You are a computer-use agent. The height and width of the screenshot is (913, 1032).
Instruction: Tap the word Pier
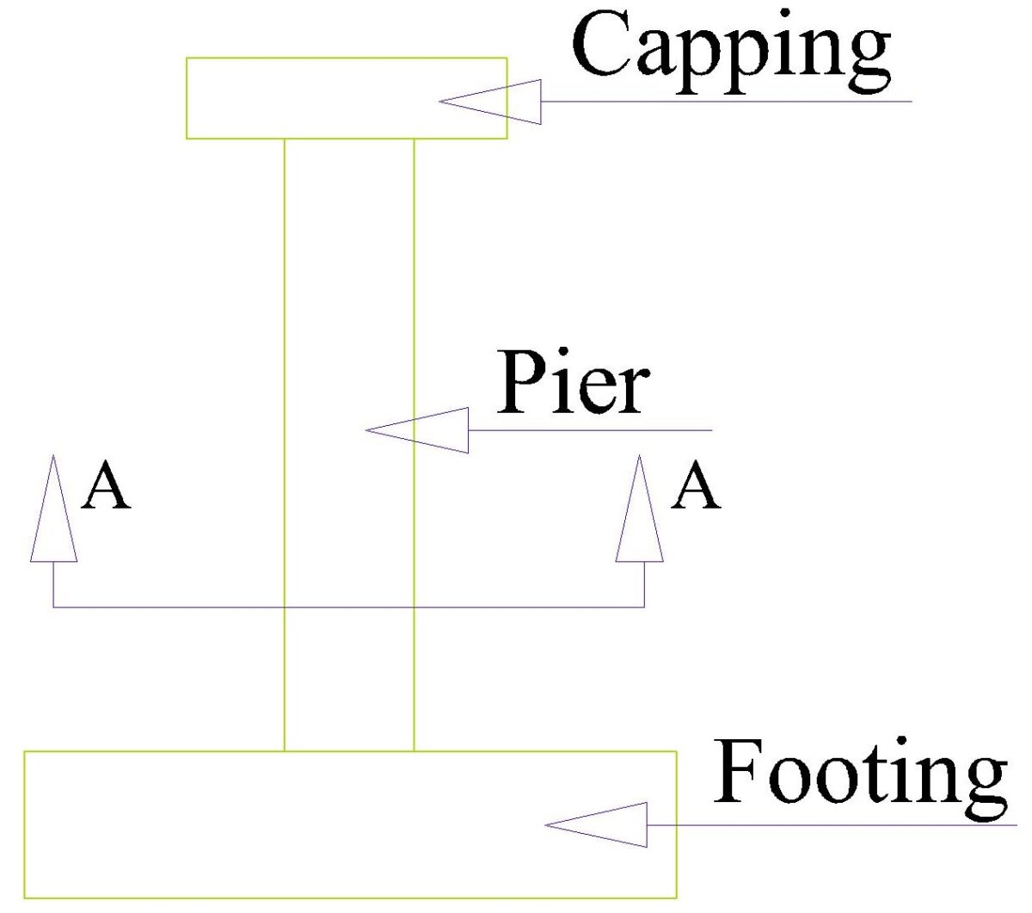click(573, 383)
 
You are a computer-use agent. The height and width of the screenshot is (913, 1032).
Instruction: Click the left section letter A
click(105, 487)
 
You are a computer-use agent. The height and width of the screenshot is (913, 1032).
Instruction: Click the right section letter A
click(695, 487)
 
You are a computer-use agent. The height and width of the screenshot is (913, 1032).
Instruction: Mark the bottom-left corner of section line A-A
click(53, 608)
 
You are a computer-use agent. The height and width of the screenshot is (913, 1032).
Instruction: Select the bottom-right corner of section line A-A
click(644, 608)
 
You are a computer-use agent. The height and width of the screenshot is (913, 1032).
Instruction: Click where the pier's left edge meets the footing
click(285, 751)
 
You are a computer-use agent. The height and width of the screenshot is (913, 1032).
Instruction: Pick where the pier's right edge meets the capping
click(415, 139)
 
